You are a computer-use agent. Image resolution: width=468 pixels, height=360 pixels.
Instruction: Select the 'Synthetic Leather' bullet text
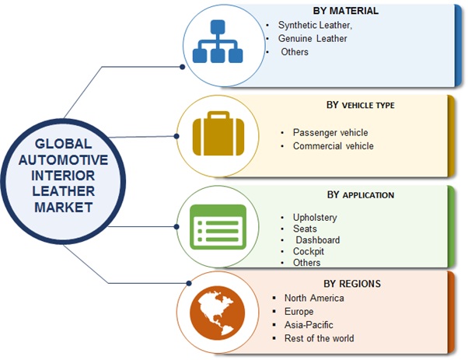click(309, 26)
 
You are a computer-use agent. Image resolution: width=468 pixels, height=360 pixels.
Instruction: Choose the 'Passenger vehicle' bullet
click(330, 132)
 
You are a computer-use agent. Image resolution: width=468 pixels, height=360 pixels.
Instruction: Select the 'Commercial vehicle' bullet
click(334, 145)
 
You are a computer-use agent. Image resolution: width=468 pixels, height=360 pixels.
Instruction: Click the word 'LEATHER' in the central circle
click(62, 190)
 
